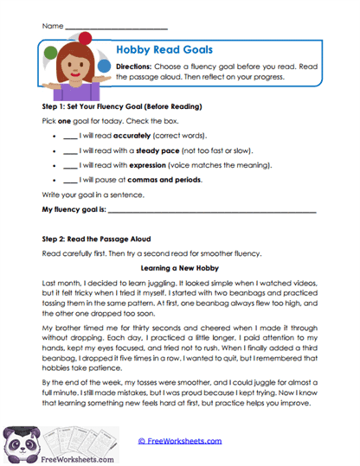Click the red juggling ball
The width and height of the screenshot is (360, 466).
coord(85,36)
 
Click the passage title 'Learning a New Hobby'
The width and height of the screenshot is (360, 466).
coord(179,268)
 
